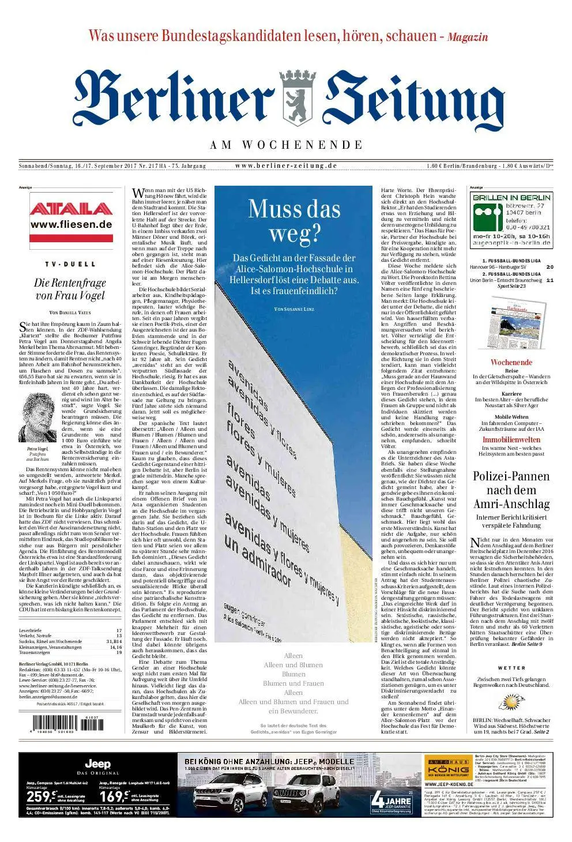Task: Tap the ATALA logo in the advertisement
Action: pyautogui.click(x=71, y=209)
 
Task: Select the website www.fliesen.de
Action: pyautogui.click(x=71, y=224)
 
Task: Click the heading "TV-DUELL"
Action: pyautogui.click(x=70, y=264)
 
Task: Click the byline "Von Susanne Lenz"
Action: pyautogui.click(x=294, y=310)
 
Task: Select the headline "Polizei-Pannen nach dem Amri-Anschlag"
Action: pyautogui.click(x=511, y=490)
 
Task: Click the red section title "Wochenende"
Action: pyautogui.click(x=511, y=362)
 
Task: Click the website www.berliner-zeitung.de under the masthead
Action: pyautogui.click(x=286, y=166)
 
